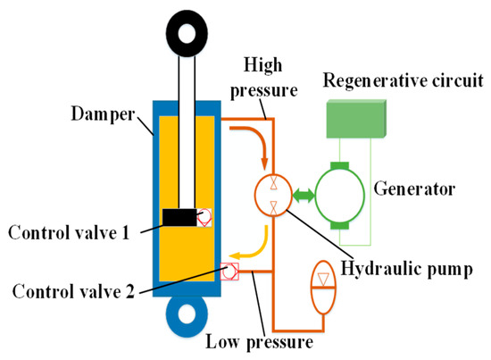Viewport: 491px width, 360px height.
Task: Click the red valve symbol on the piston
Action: point(205,217)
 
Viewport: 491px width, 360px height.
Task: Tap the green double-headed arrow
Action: point(306,193)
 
